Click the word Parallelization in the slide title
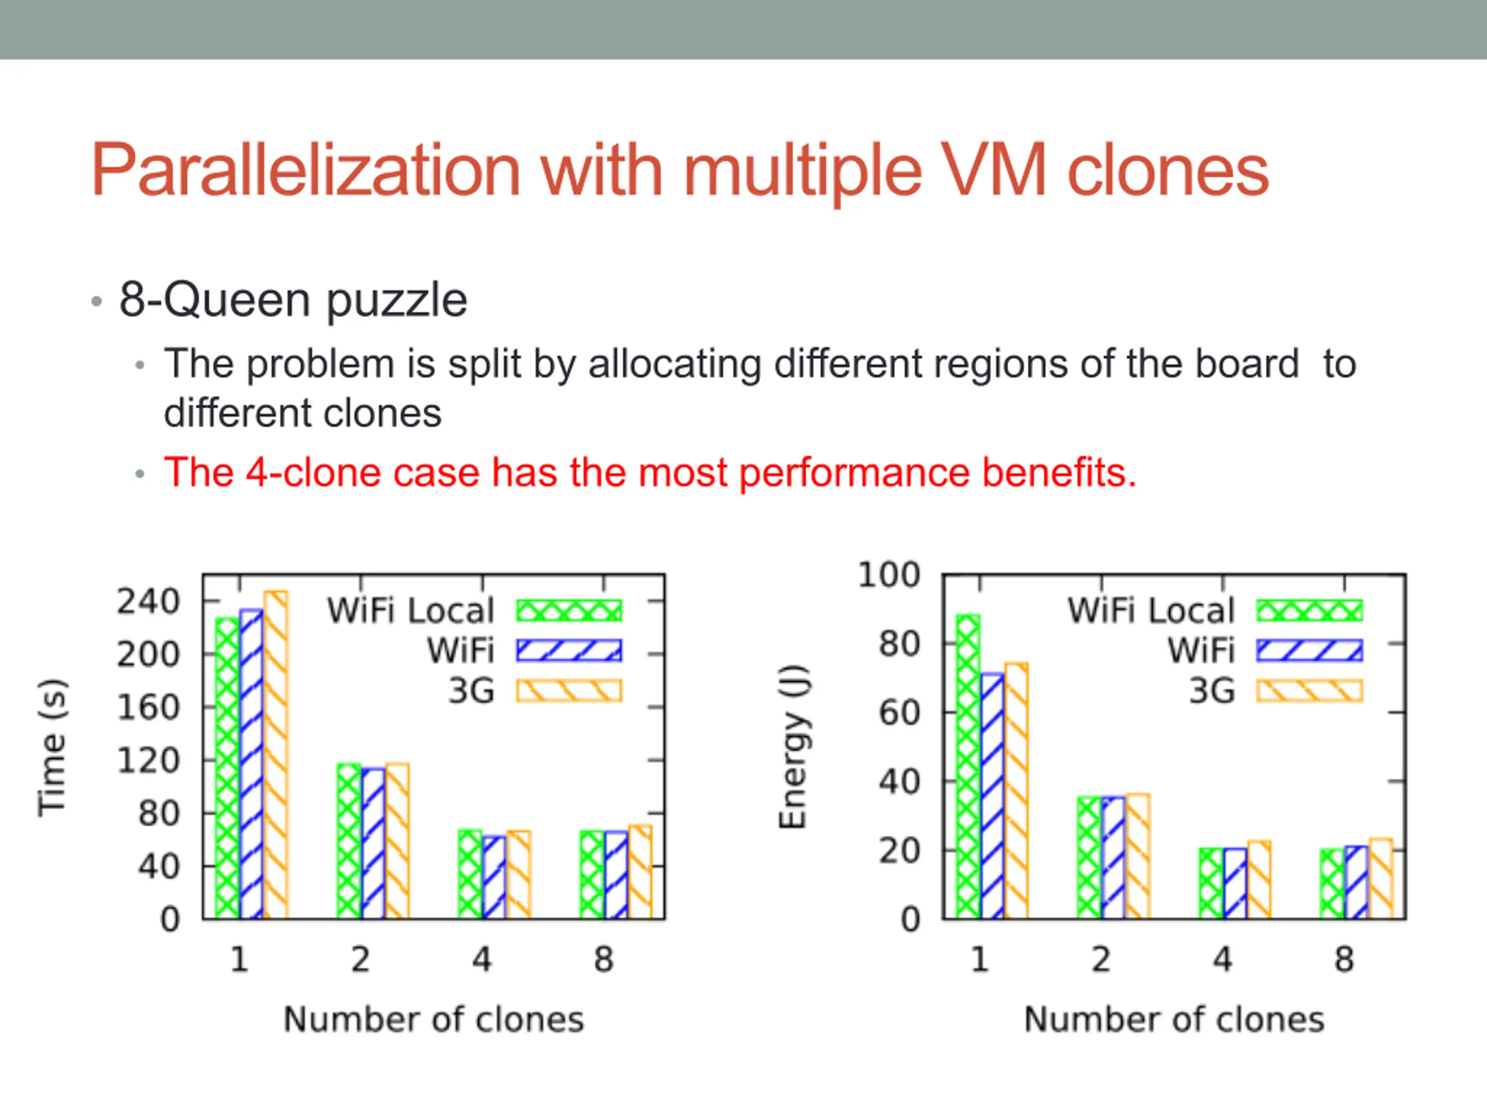click(x=306, y=171)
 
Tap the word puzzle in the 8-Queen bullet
click(x=397, y=300)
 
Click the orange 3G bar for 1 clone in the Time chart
click(x=276, y=755)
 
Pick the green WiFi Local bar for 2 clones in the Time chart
click(x=349, y=841)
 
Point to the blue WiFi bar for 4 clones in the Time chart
click(x=494, y=877)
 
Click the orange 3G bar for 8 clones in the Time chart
click(x=640, y=872)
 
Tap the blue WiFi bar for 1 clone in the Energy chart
click(x=992, y=796)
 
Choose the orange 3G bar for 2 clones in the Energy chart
click(x=1138, y=856)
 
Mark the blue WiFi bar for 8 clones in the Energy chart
click(x=1356, y=882)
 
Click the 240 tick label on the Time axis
click(x=149, y=601)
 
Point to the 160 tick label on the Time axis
click(x=149, y=707)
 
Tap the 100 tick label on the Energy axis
click(x=889, y=575)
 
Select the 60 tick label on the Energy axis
click(x=899, y=713)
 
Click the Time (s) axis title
click(x=52, y=747)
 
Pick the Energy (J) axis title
click(x=793, y=747)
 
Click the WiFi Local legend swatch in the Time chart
click(x=569, y=610)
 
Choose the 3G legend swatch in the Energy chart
click(x=1309, y=690)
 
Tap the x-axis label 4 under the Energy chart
click(x=1223, y=959)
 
